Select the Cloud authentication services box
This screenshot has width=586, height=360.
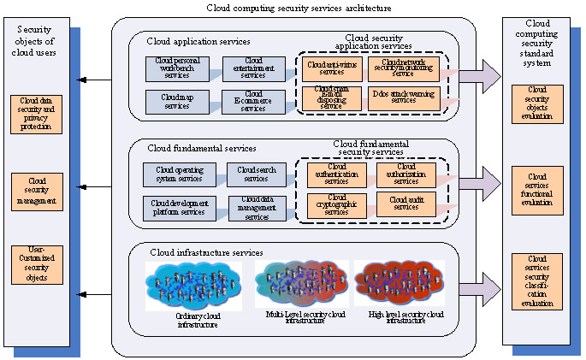tap(336, 174)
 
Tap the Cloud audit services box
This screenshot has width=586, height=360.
tap(406, 204)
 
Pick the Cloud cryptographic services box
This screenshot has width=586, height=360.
tap(336, 204)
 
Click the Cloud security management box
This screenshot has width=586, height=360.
tap(37, 192)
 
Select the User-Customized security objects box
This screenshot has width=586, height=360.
tap(37, 264)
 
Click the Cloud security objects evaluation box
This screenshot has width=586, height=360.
tap(537, 104)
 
